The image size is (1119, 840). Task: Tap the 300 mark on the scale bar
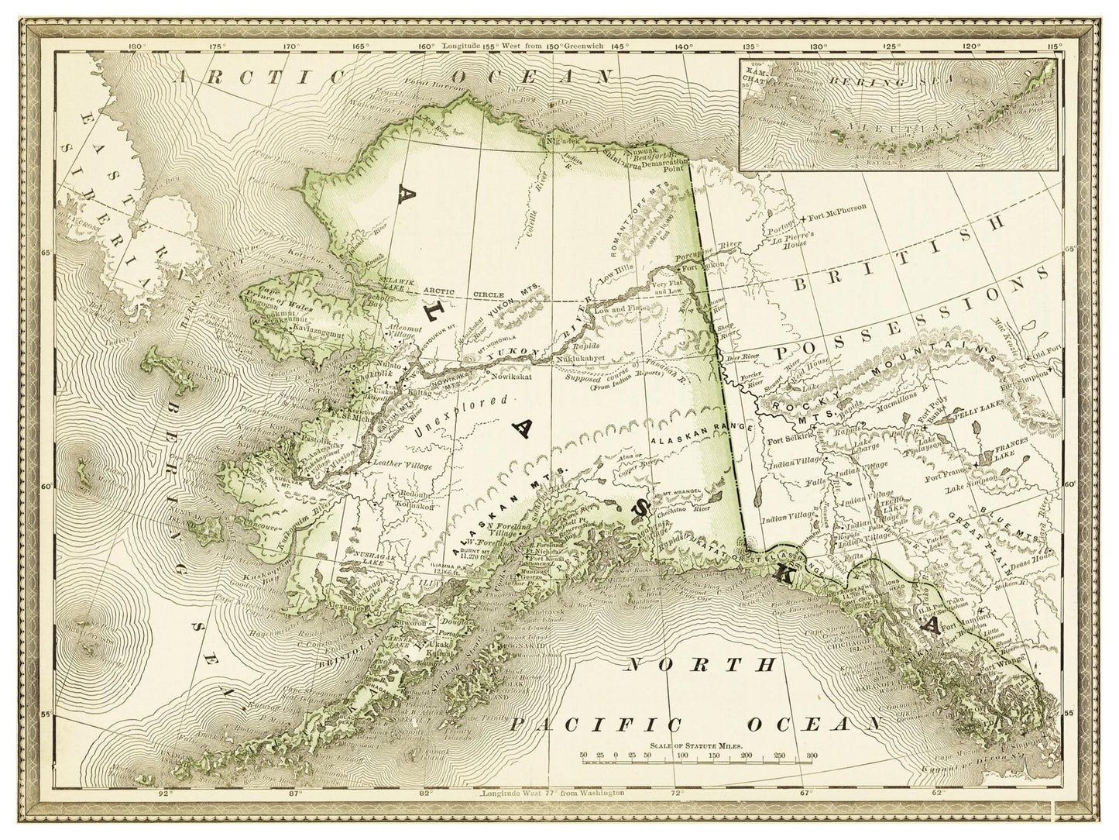click(811, 754)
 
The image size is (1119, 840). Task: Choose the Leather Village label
click(400, 463)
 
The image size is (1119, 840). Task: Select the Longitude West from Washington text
click(552, 794)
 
